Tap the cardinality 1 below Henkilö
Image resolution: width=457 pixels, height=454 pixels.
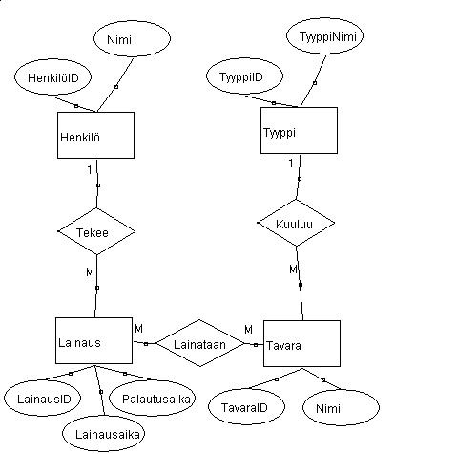click(90, 170)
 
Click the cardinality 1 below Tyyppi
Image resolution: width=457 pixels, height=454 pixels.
click(291, 163)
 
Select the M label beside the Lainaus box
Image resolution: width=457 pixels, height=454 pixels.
click(139, 329)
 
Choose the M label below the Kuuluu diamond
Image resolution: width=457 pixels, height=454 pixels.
click(293, 270)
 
